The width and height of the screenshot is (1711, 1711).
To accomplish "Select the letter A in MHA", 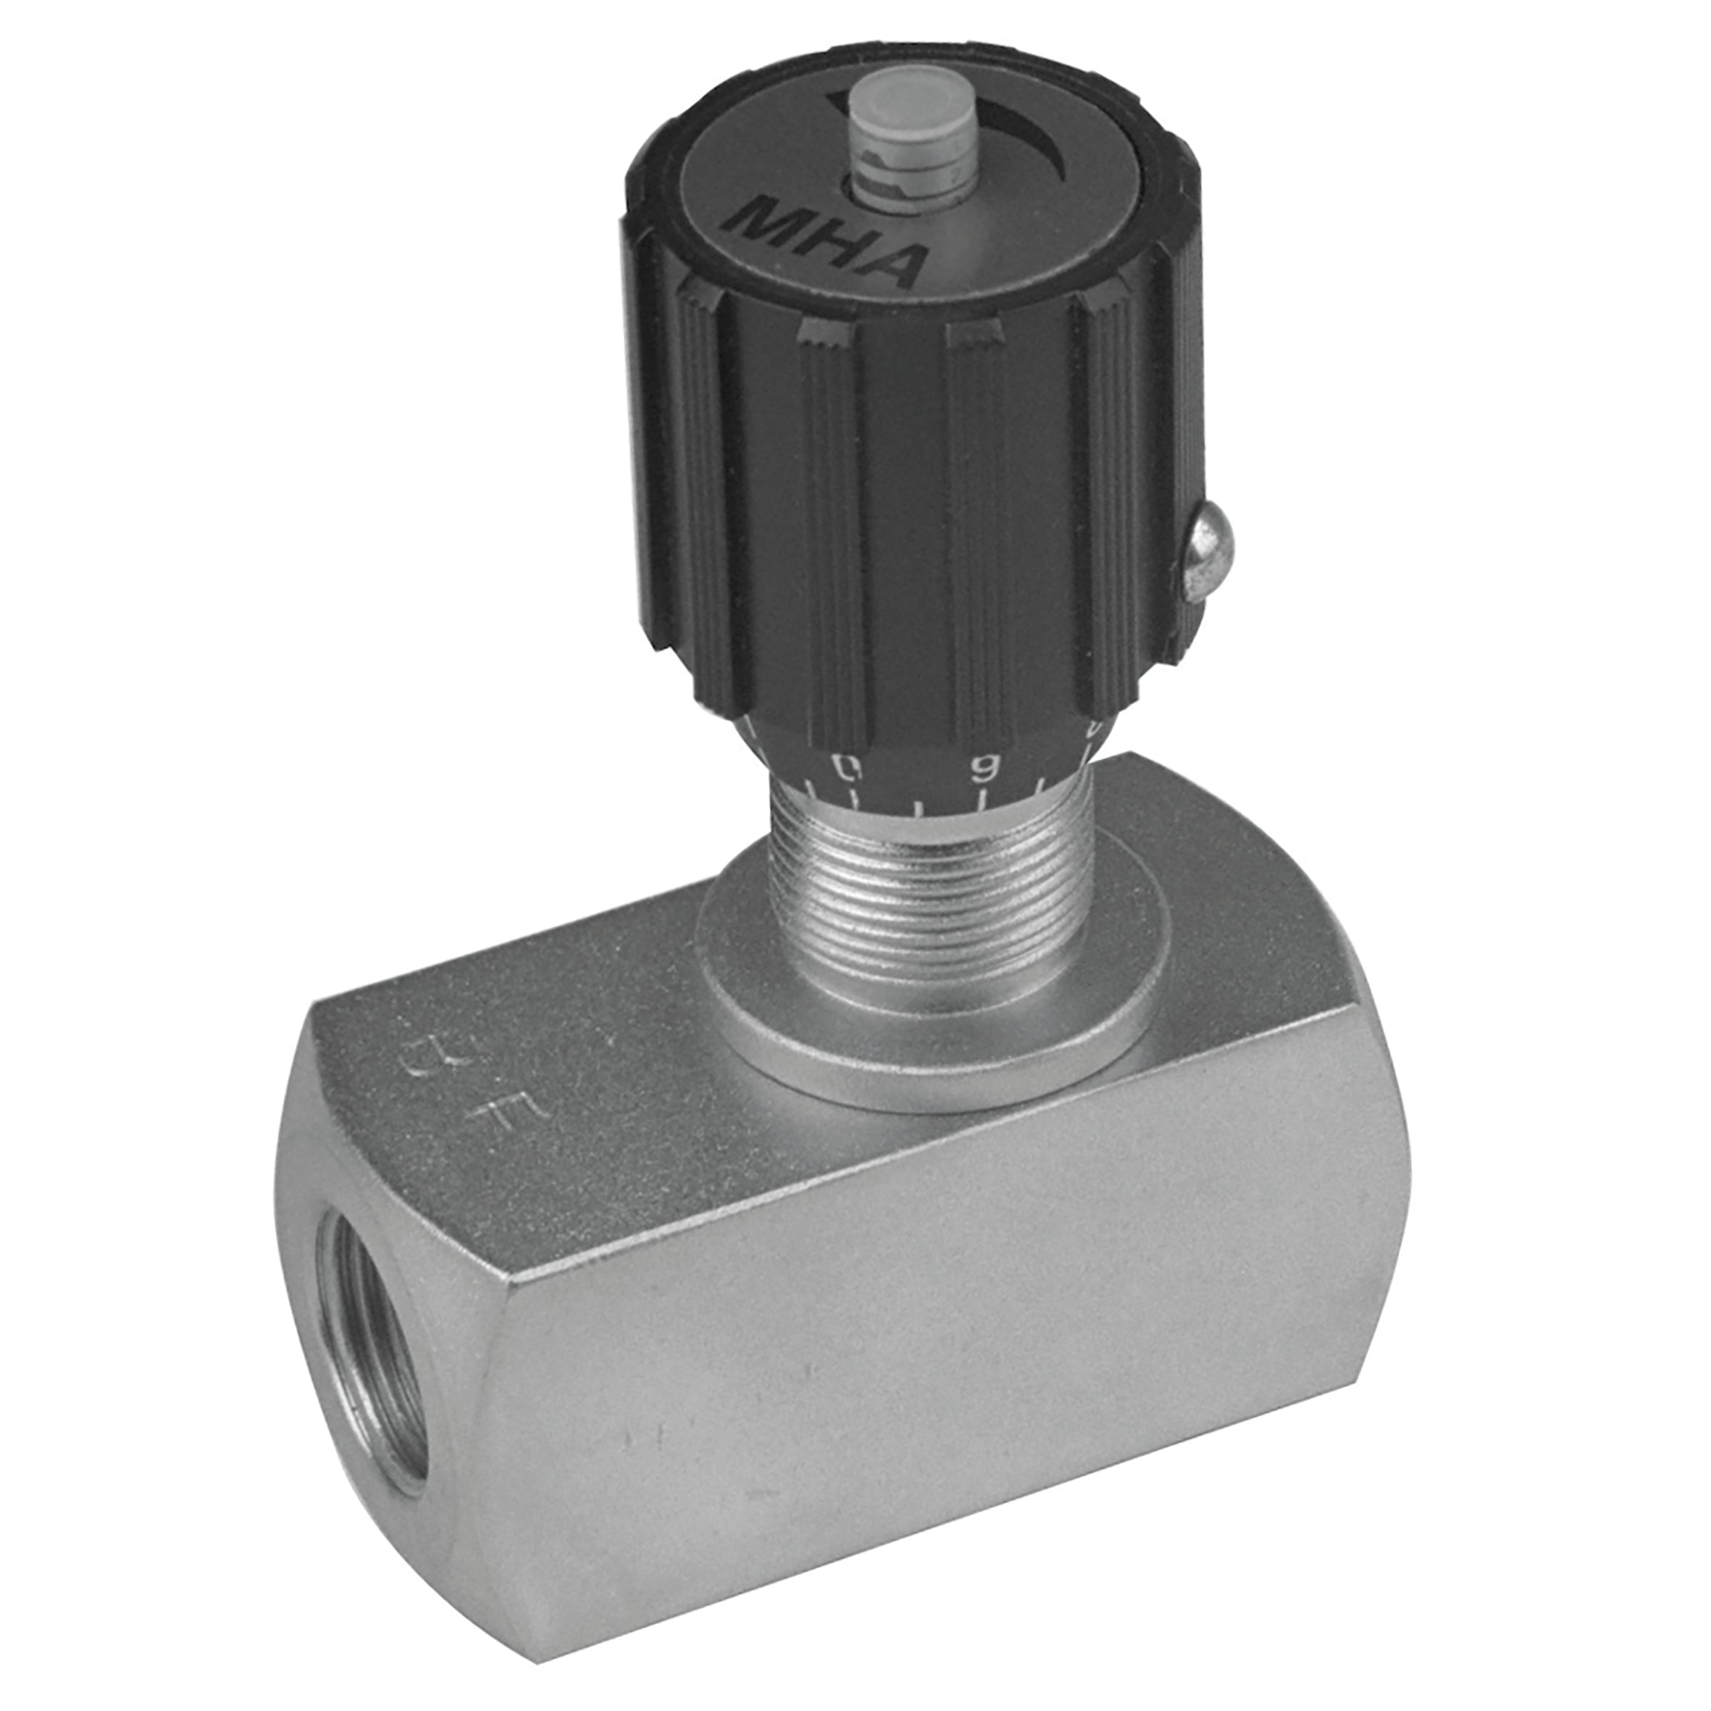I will pos(892,259).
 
